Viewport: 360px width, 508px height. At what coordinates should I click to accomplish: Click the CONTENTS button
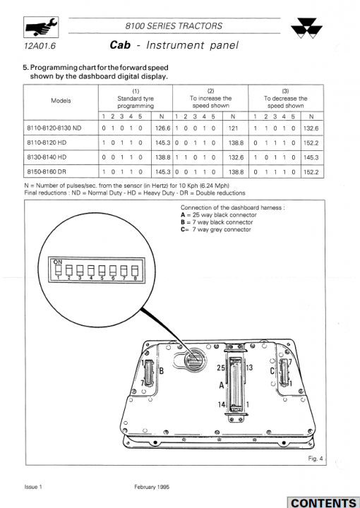tap(323, 502)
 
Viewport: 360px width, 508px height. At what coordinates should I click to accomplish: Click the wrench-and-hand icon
tap(41, 28)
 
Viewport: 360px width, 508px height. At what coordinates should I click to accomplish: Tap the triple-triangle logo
tap(306, 28)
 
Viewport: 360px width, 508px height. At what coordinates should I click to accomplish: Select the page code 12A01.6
tap(40, 46)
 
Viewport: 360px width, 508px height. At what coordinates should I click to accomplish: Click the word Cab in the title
tap(120, 44)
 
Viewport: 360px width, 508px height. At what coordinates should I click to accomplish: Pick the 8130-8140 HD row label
tap(47, 157)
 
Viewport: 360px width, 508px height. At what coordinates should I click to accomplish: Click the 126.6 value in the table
tap(162, 128)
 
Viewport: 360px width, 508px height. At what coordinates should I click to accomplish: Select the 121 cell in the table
tap(234, 128)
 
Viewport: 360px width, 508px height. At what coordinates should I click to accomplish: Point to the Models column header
tap(61, 100)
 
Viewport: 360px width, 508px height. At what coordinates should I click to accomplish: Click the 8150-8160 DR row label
tap(47, 171)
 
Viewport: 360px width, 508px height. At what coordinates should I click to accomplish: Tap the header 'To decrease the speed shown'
tap(285, 102)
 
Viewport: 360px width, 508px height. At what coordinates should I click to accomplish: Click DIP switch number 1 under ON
tap(59, 270)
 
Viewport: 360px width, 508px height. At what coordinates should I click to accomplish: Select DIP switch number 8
tap(135, 270)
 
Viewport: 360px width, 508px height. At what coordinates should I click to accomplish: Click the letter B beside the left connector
tap(161, 370)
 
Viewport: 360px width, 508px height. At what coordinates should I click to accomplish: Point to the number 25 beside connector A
tap(221, 368)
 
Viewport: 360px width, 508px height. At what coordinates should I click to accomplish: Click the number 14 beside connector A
tap(222, 404)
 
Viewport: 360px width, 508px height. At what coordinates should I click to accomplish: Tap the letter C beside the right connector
tap(272, 371)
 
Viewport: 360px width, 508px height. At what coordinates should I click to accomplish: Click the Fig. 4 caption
tap(316, 459)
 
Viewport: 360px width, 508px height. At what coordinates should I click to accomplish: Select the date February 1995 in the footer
tap(152, 487)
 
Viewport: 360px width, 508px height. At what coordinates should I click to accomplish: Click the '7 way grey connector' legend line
tap(216, 229)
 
